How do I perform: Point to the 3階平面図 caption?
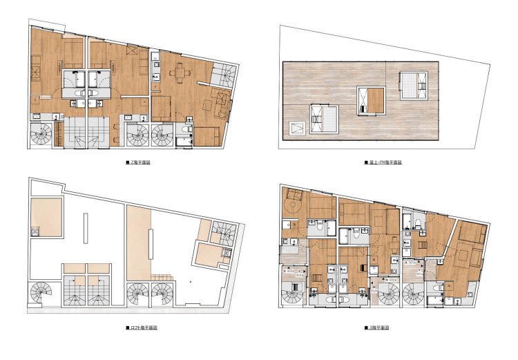pyautogui.click(x=378, y=327)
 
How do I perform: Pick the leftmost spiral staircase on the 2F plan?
pyautogui.click(x=41, y=134)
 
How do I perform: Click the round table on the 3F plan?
pyautogui.click(x=294, y=205)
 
